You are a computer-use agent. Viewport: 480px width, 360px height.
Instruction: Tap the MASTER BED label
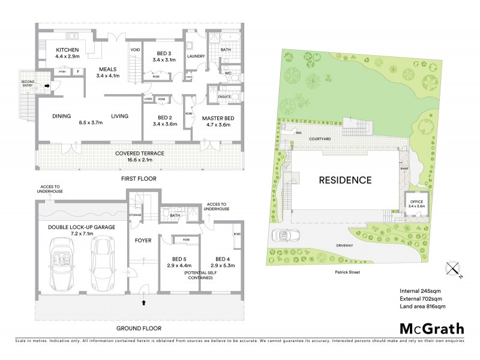tap(218, 118)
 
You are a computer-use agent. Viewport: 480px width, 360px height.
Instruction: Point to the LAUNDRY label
tap(196, 56)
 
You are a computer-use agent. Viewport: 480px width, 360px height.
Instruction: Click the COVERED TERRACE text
tap(139, 154)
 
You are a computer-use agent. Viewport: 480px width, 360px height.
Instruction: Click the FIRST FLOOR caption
tap(139, 179)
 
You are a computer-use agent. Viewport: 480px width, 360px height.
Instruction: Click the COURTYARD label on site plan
tap(322, 139)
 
